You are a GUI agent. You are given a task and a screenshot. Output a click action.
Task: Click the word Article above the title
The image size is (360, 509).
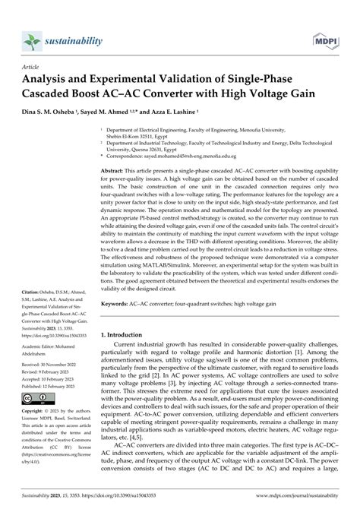point(32,66)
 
